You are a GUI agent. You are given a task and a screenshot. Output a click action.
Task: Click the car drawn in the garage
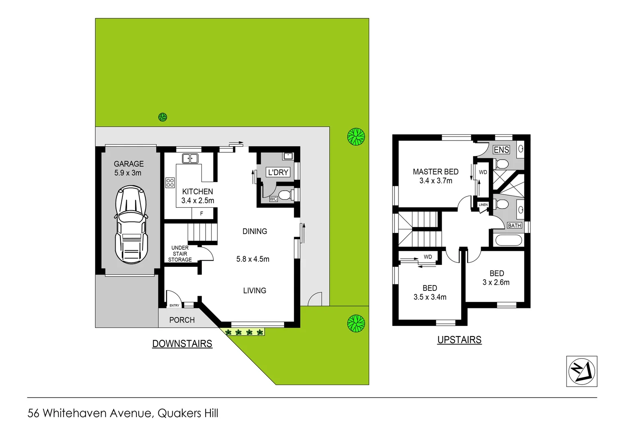click(131, 224)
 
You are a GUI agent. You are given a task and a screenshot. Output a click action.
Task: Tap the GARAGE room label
click(129, 164)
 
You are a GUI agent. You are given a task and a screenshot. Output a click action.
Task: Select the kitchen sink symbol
click(190, 158)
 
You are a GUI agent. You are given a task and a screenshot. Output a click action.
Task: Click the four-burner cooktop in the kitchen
click(170, 183)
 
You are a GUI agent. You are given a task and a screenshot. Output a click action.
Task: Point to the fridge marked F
click(201, 213)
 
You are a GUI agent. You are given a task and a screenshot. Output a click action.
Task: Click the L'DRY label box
click(278, 172)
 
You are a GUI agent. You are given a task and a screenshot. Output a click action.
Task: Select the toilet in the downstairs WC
click(286, 195)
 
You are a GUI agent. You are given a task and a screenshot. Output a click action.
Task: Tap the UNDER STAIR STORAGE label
click(180, 253)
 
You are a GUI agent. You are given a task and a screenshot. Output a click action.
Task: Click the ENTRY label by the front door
click(174, 305)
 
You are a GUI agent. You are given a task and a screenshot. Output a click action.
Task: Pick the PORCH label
click(182, 320)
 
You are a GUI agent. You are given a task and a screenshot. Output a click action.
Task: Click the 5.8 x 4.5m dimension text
click(253, 259)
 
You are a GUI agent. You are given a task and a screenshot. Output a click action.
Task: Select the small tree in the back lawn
click(162, 117)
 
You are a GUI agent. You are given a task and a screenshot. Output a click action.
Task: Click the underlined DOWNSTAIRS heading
click(182, 344)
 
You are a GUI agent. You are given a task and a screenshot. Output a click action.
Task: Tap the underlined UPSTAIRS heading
click(459, 340)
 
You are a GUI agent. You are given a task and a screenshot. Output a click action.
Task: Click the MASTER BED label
click(436, 172)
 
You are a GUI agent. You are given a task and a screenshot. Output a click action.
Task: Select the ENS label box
click(501, 150)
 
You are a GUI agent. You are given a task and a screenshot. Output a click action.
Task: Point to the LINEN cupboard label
click(483, 205)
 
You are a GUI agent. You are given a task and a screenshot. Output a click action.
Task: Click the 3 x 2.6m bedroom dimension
click(496, 282)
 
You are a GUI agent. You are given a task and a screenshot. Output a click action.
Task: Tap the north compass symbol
click(582, 371)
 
